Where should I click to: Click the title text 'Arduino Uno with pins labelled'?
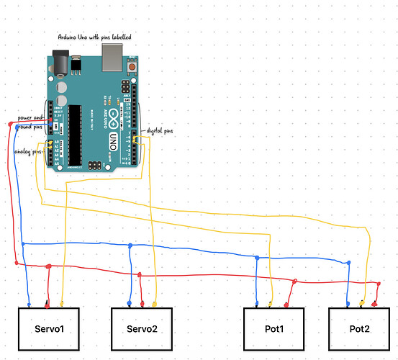tap(95, 36)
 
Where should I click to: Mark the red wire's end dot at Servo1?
tap(47, 303)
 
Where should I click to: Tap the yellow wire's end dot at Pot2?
tap(362, 303)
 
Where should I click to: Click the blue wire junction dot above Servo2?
tap(130, 246)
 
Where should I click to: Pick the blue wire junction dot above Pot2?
tap(349, 264)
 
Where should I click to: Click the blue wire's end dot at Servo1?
tap(29, 304)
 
